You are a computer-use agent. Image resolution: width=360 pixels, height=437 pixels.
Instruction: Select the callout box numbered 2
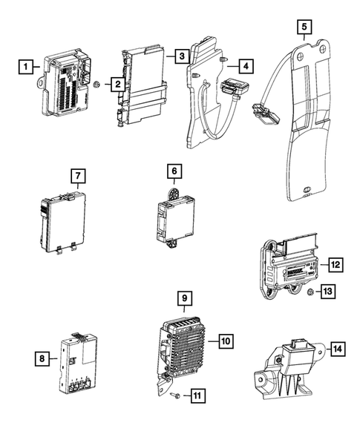click(x=117, y=85)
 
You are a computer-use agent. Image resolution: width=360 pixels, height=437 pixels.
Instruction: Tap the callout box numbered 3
click(x=181, y=56)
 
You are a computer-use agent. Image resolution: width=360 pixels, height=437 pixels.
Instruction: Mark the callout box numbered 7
click(x=78, y=176)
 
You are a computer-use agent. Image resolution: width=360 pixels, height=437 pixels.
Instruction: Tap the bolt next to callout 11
click(x=175, y=398)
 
